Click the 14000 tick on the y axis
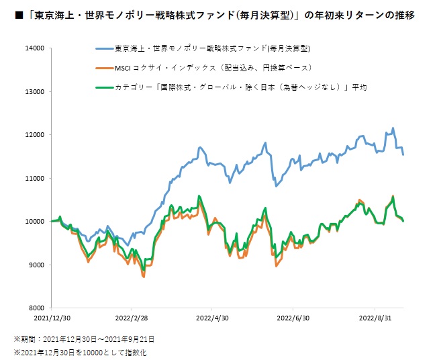(34, 48)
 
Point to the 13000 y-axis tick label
(34, 91)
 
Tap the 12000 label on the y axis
(34, 135)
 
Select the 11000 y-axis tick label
(34, 178)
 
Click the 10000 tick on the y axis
(34, 222)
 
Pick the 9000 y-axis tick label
(36, 265)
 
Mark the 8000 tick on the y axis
(36, 308)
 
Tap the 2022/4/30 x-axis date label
(212, 316)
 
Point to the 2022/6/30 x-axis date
(293, 316)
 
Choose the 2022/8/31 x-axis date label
(374, 316)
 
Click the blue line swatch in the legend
(103, 49)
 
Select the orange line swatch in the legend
(103, 68)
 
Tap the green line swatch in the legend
(103, 87)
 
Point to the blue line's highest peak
(393, 128)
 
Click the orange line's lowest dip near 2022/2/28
(144, 277)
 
